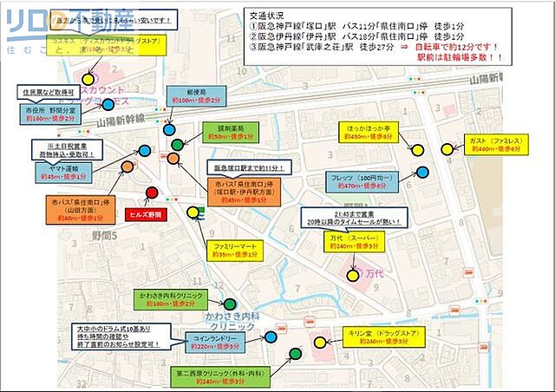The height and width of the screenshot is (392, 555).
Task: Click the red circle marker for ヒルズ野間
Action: tap(152, 193)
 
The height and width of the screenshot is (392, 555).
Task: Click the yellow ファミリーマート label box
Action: tap(235, 251)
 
